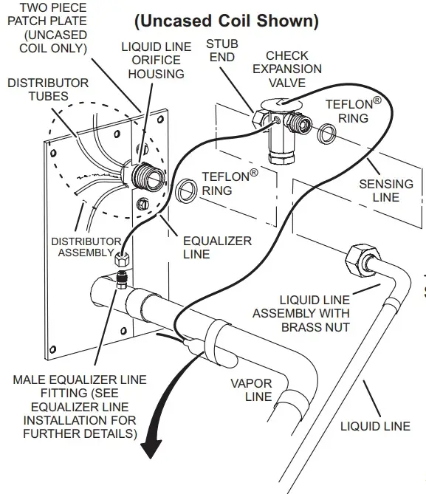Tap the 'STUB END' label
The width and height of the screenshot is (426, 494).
[221, 50]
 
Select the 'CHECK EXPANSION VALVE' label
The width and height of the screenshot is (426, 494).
[293, 69]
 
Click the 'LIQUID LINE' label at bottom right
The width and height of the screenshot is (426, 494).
[375, 426]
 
